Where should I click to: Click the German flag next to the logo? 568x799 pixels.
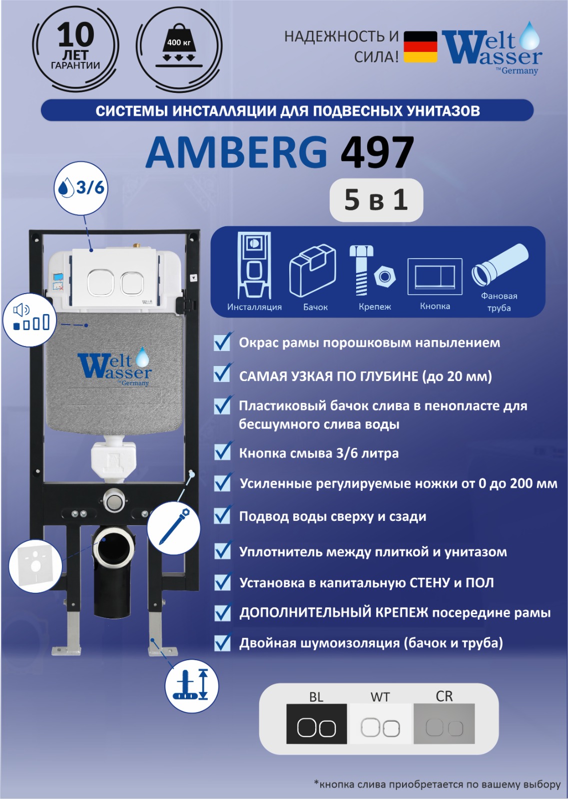(420, 47)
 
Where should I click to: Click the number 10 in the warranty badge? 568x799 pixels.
(76, 35)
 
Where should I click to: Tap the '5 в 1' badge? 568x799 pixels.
(376, 200)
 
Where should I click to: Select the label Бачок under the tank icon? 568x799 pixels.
(315, 307)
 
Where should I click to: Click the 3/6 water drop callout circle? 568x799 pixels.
(81, 188)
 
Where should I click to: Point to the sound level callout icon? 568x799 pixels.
(30, 320)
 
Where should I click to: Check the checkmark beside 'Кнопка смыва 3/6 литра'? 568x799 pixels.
(223, 451)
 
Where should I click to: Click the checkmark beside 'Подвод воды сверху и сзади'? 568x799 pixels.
(223, 515)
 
